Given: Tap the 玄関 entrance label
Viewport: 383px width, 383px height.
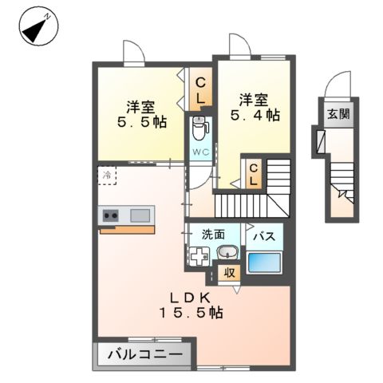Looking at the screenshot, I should coord(338,113).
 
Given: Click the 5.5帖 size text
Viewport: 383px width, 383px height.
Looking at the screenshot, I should coord(138,123).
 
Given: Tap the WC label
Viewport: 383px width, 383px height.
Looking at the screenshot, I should coord(199,151).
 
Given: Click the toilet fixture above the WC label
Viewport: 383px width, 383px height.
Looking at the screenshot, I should coord(199,127).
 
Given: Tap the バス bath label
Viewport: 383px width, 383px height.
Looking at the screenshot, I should coord(264,235).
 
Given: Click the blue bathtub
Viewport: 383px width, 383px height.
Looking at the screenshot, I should coord(264,261).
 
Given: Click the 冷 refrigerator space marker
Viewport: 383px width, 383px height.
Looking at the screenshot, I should coord(106,174).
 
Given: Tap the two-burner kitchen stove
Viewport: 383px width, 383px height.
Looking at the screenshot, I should coord(109,215).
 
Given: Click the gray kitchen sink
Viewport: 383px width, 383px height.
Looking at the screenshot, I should coord(140,215).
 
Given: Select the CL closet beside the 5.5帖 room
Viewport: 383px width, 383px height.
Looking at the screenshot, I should coord(201,89).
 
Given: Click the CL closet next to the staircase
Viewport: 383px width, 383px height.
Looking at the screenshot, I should coord(254,172).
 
